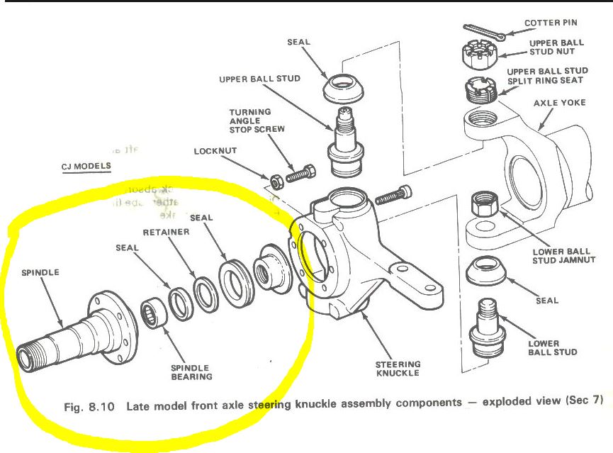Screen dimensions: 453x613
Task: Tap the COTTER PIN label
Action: pyautogui.click(x=551, y=23)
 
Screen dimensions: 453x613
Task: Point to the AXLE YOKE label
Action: pyautogui.click(x=560, y=103)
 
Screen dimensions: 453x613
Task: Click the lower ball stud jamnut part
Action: pyautogui.click(x=487, y=205)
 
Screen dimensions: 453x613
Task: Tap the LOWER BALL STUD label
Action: pyautogui.click(x=553, y=347)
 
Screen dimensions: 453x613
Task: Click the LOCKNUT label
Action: pyautogui.click(x=215, y=152)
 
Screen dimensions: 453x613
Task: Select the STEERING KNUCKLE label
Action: pyautogui.click(x=398, y=368)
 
